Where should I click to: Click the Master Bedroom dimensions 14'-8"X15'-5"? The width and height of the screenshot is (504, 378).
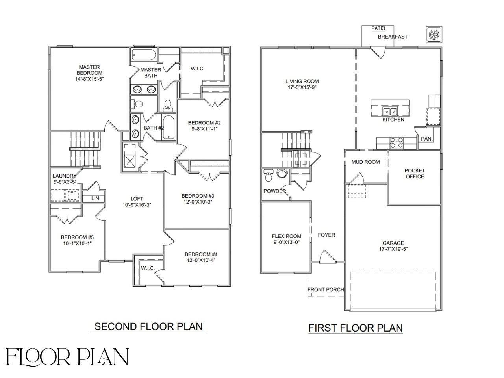(89, 79)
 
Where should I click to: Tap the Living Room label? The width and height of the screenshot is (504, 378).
(302, 82)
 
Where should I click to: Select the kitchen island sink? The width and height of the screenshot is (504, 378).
(390, 111)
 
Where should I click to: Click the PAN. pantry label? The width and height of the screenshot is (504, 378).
(427, 139)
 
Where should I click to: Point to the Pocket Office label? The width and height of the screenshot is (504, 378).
(415, 174)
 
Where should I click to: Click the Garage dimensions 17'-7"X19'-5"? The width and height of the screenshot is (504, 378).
(393, 249)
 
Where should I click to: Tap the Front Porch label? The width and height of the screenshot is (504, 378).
(326, 289)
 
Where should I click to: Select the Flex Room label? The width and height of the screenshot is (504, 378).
(286, 236)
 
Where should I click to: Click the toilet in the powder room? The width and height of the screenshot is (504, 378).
(269, 176)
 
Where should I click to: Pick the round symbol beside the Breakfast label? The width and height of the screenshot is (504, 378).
(433, 35)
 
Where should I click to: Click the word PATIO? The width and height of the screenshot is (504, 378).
(378, 28)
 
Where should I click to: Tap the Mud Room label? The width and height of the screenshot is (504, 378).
(366, 162)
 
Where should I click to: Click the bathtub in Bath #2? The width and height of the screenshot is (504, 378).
(169, 127)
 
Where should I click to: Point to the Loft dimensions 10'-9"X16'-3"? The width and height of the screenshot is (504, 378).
(137, 205)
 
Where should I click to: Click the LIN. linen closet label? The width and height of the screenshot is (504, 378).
(96, 198)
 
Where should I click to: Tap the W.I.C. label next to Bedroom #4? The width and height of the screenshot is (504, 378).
(148, 268)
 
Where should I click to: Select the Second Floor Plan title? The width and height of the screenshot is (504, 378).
(148, 326)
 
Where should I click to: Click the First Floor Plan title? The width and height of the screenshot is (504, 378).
(355, 328)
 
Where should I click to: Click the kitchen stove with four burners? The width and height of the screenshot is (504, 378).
(396, 142)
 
